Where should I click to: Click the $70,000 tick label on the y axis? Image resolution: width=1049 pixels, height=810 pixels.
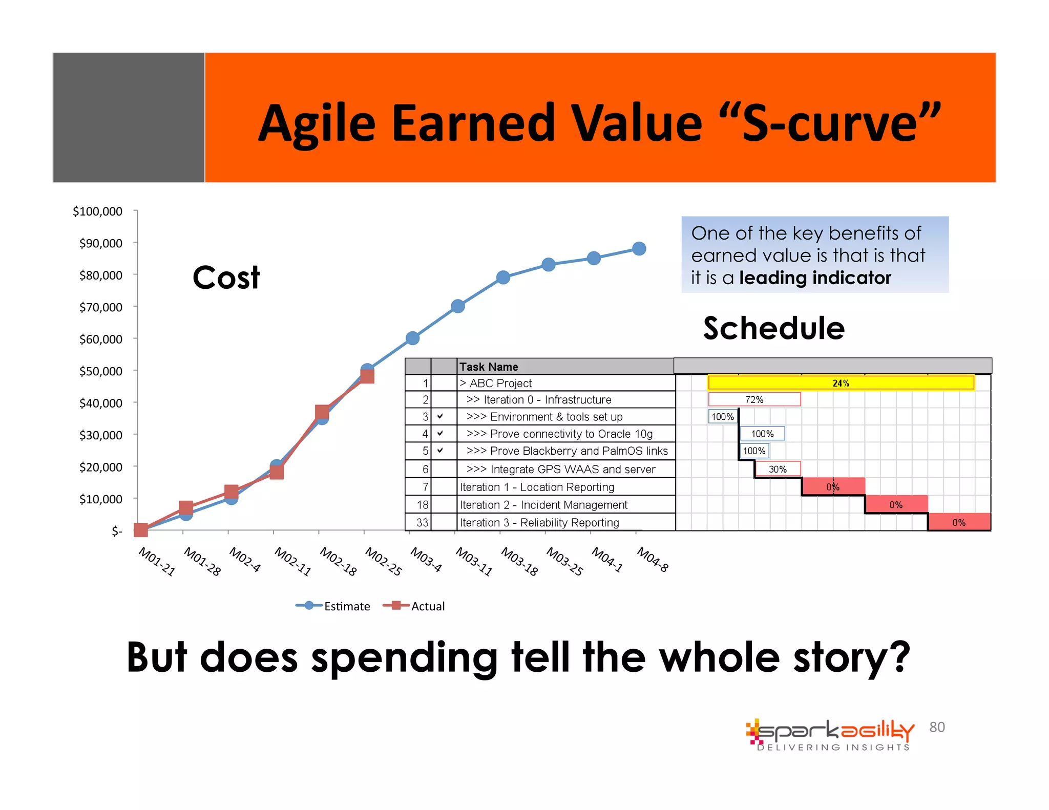(x=100, y=307)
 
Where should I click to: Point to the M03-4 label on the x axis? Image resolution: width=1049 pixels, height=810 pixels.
(x=426, y=560)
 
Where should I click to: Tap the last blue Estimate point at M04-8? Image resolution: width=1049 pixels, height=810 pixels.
(x=639, y=249)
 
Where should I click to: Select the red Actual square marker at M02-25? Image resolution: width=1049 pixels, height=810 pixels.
(x=367, y=376)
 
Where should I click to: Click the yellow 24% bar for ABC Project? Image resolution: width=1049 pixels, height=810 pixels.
(x=841, y=383)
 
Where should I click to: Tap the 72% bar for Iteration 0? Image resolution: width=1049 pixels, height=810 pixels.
(x=754, y=399)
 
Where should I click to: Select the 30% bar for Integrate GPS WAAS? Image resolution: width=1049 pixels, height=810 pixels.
(x=777, y=469)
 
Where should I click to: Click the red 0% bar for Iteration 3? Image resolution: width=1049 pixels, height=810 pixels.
(x=959, y=522)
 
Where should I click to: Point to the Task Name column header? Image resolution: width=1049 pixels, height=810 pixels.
(x=489, y=367)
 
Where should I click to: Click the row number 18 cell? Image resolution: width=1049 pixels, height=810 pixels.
(x=423, y=505)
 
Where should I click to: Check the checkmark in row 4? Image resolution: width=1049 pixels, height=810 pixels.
(x=440, y=433)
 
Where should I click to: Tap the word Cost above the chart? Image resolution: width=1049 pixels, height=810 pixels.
(x=226, y=278)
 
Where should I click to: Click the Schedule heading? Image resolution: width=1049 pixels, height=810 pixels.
(x=773, y=328)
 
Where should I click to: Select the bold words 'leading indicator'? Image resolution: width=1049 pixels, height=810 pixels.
(x=815, y=278)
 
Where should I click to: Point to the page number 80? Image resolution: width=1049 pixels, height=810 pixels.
(x=937, y=727)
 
